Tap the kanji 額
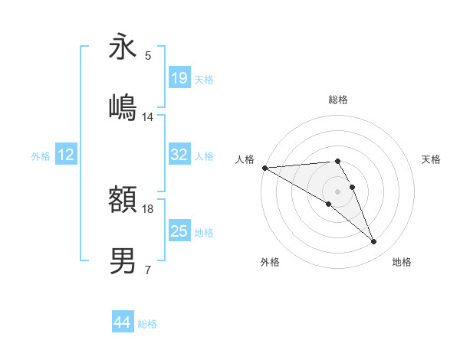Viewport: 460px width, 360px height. click(123, 201)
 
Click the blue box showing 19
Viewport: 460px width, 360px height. click(179, 78)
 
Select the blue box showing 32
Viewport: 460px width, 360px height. click(179, 155)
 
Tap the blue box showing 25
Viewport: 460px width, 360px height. click(179, 231)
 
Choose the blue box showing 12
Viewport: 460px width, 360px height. click(65, 155)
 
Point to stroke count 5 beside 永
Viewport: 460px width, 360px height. click(147, 56)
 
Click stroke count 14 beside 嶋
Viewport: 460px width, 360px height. click(148, 117)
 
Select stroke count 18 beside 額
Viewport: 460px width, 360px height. click(148, 208)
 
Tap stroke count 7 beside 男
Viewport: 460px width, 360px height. click(147, 270)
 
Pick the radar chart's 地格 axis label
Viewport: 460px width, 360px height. click(402, 262)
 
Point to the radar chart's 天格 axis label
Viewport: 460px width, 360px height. click(431, 159)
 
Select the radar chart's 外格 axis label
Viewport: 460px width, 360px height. click(270, 262)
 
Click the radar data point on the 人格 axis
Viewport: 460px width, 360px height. click(264, 168)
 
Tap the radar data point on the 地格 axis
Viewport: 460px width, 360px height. click(373, 242)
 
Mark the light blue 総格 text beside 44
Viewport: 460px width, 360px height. click(147, 324)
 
